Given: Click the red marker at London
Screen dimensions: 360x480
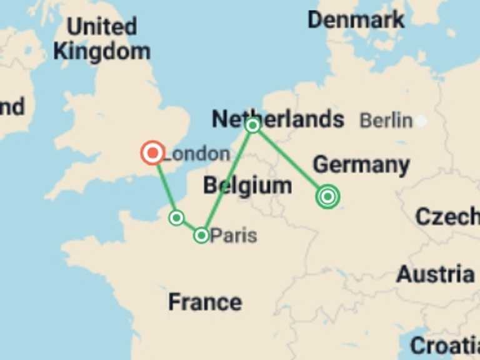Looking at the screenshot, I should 152,152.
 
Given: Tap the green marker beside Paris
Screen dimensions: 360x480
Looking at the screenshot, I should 201,235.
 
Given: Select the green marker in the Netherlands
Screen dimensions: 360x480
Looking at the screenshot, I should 252,126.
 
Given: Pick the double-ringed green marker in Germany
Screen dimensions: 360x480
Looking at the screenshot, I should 327,197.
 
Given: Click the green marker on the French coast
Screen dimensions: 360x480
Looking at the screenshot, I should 177,217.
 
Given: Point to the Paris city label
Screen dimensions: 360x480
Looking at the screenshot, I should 233,236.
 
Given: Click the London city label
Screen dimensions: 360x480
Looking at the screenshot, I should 196,154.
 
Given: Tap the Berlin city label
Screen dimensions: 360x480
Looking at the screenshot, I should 386,121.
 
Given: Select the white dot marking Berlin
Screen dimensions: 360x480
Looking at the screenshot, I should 422,121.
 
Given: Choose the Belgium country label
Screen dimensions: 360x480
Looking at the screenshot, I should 247,185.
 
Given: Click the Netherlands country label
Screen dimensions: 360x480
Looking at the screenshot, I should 278,118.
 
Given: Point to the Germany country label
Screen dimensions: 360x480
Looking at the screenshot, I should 361,165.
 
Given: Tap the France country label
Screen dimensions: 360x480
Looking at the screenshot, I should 205,302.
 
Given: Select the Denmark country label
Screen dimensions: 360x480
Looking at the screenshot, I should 356,20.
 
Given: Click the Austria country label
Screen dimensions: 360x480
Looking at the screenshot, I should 436,274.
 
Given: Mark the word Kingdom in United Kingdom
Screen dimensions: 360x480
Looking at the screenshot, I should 101,51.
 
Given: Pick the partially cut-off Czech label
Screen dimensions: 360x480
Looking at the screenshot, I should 447,216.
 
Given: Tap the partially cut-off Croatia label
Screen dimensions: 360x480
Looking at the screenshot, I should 445,345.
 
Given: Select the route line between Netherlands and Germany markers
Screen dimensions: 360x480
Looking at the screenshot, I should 290,161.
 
